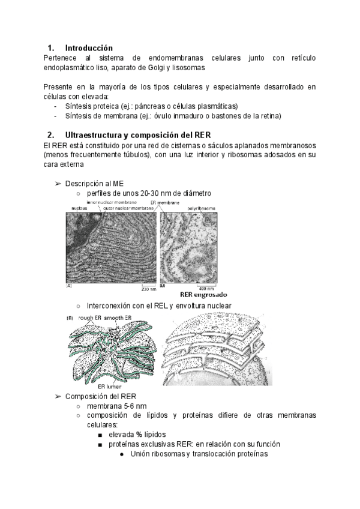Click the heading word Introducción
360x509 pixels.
coord(88,48)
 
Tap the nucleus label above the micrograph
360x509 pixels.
coord(79,208)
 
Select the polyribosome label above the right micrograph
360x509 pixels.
coord(200,208)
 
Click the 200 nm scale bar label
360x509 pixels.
coord(148,289)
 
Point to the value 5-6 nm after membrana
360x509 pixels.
coord(134,406)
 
